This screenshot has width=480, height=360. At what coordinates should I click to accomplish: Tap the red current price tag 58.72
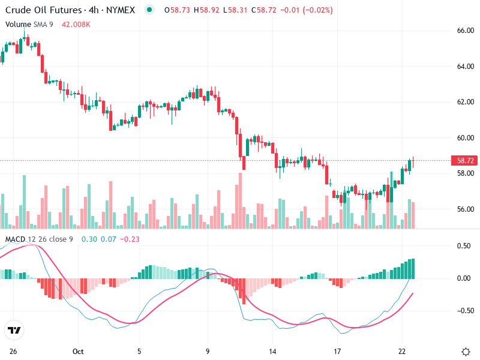tap(466, 161)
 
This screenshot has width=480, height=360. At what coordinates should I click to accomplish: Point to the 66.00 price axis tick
tap(466, 30)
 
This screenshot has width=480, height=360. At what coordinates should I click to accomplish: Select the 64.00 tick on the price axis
tap(466, 66)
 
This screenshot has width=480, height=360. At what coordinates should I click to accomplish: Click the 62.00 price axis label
tap(466, 101)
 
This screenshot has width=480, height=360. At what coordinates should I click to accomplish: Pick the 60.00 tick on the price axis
tap(466, 137)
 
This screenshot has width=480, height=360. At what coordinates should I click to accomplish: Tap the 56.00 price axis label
tap(466, 209)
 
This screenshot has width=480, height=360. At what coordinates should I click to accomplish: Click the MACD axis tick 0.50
tap(464, 246)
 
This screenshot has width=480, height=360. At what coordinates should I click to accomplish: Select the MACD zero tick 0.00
tap(464, 278)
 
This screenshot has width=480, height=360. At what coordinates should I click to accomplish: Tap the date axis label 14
tap(273, 352)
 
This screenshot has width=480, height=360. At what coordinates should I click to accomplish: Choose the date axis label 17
tap(337, 352)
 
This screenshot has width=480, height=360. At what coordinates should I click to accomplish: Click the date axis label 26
tap(13, 352)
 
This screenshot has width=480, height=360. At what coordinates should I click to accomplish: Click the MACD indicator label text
tap(16, 239)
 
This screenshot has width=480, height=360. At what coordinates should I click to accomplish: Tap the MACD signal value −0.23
tap(130, 239)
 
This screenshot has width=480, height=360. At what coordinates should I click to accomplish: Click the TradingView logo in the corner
tap(14, 331)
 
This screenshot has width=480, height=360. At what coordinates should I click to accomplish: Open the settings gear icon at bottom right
tap(466, 352)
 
